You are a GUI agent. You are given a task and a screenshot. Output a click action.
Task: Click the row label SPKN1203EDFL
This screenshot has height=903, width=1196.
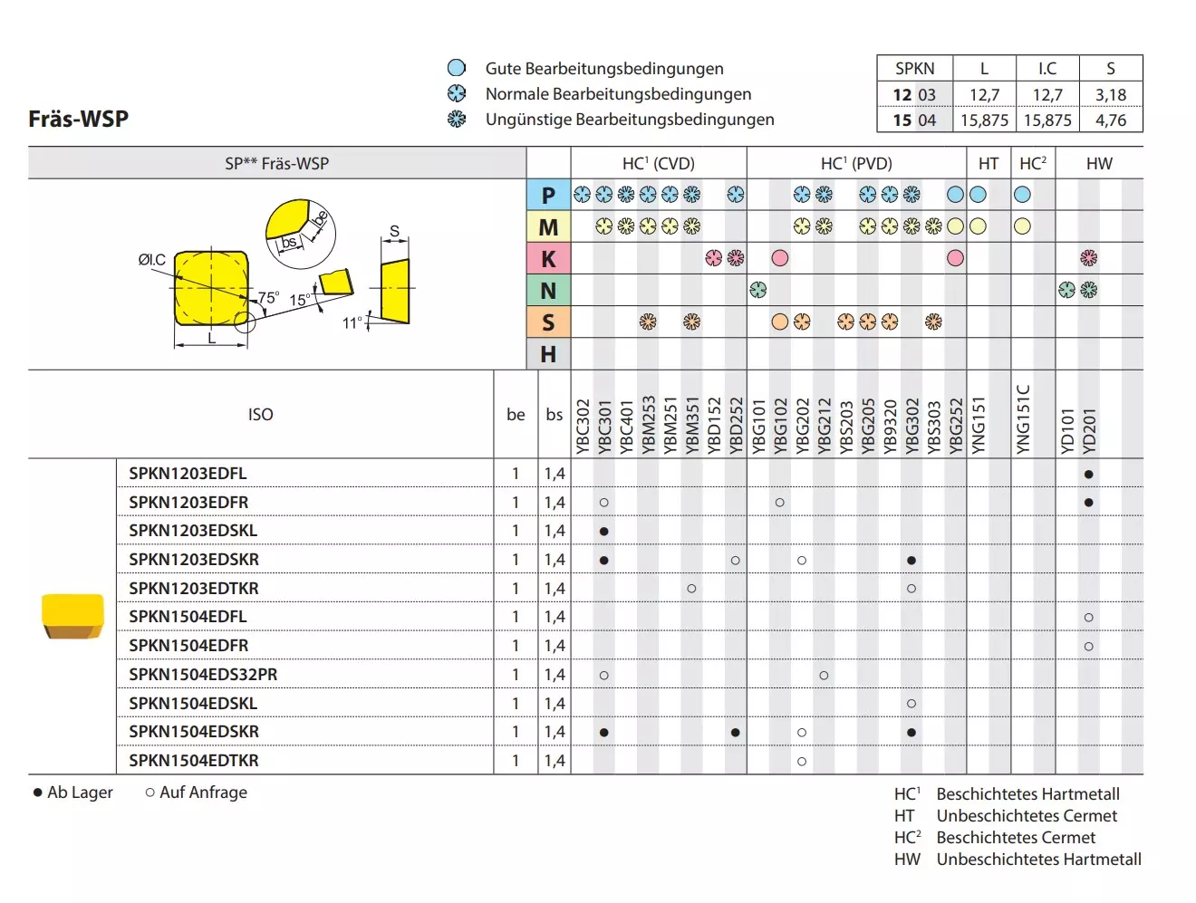coord(188,473)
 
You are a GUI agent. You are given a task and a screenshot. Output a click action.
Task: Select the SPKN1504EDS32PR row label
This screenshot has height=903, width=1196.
coord(203,674)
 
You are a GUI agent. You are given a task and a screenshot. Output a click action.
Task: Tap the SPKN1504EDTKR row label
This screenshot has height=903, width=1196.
coord(193,760)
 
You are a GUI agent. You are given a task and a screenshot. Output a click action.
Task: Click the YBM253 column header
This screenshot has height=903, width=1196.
coord(648,424)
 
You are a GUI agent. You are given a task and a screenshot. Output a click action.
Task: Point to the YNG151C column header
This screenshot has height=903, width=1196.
coord(1022,418)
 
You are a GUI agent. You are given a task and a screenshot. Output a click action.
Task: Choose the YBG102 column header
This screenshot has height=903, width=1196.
coord(780,426)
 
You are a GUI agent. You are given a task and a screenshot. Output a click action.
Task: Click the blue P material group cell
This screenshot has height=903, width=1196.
coord(548,195)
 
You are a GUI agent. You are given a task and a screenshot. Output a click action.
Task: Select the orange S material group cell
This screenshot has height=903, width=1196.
coord(548,322)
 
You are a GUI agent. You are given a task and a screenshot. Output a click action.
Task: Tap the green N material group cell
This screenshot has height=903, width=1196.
coord(548,291)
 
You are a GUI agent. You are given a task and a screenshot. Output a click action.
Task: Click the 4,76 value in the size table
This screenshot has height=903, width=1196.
coord(1111,120)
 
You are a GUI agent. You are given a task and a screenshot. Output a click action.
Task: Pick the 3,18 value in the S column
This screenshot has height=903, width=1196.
coord(1111,95)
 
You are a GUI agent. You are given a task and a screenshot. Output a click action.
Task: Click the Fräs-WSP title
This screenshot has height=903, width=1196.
coord(79,118)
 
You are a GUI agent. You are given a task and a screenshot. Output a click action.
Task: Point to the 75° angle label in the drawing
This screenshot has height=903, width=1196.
coord(268,297)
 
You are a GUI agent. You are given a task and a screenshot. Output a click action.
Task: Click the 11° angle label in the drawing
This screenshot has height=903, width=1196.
coord(352,323)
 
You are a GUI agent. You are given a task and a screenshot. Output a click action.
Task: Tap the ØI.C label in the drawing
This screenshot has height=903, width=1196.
coord(151,259)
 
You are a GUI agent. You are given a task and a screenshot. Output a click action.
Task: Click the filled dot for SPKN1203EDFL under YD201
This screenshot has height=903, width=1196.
coord(1088,474)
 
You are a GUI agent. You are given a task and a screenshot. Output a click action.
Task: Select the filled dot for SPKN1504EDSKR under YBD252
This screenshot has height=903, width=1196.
coord(735,732)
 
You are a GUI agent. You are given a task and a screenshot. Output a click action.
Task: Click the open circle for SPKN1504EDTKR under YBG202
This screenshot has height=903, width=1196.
coord(802,761)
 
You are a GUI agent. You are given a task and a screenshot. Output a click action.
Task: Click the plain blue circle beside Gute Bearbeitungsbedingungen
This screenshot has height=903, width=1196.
coord(456,68)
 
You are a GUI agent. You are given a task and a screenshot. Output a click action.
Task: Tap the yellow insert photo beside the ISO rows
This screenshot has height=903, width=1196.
coord(72,616)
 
